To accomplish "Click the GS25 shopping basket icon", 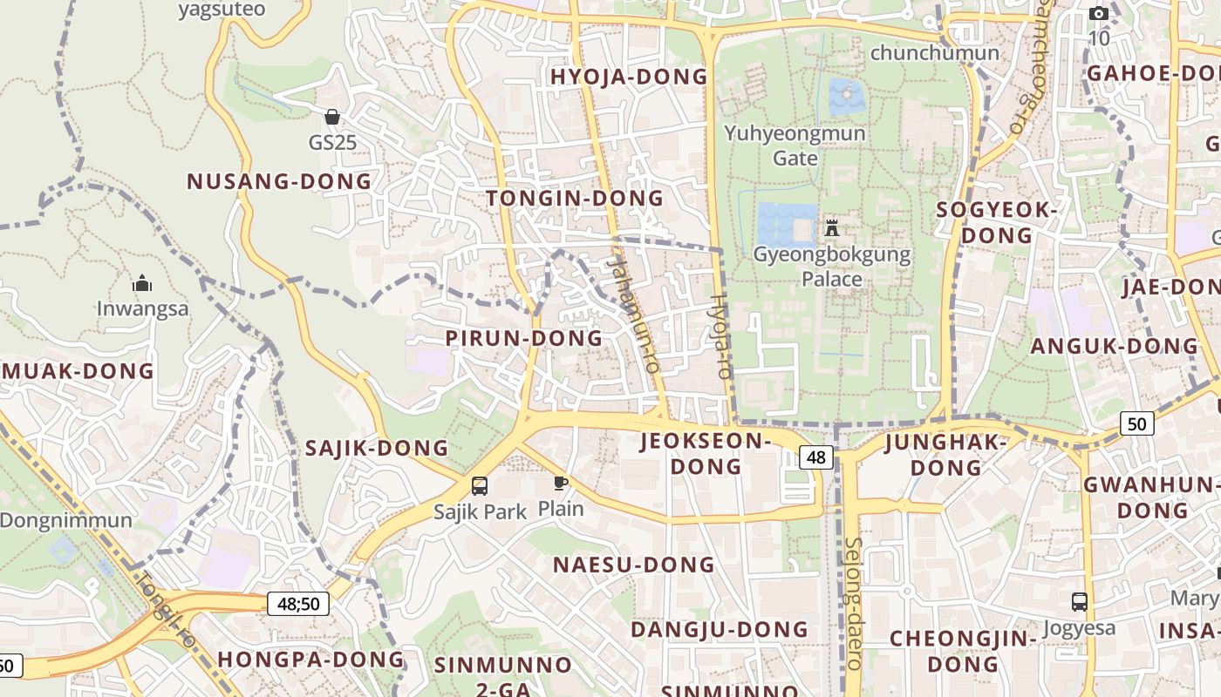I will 332,117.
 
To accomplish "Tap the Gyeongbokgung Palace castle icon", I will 832,228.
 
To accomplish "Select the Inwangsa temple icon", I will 141,284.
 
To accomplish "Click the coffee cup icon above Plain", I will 561,483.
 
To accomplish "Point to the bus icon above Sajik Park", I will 480,486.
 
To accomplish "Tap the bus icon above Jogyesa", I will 1080,601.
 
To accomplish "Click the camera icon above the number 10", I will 1099,13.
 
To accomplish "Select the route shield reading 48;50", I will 298,603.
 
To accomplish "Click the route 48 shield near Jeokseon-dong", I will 816,457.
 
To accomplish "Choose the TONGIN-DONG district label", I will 575,199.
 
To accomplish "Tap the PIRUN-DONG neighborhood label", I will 524,338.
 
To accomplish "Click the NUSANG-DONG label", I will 279,181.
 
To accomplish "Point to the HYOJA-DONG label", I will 629,77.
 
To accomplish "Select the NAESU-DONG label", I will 634,565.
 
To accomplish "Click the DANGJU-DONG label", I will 720,629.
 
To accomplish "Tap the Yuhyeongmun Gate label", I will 795,145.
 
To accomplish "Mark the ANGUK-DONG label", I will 1115,346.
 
